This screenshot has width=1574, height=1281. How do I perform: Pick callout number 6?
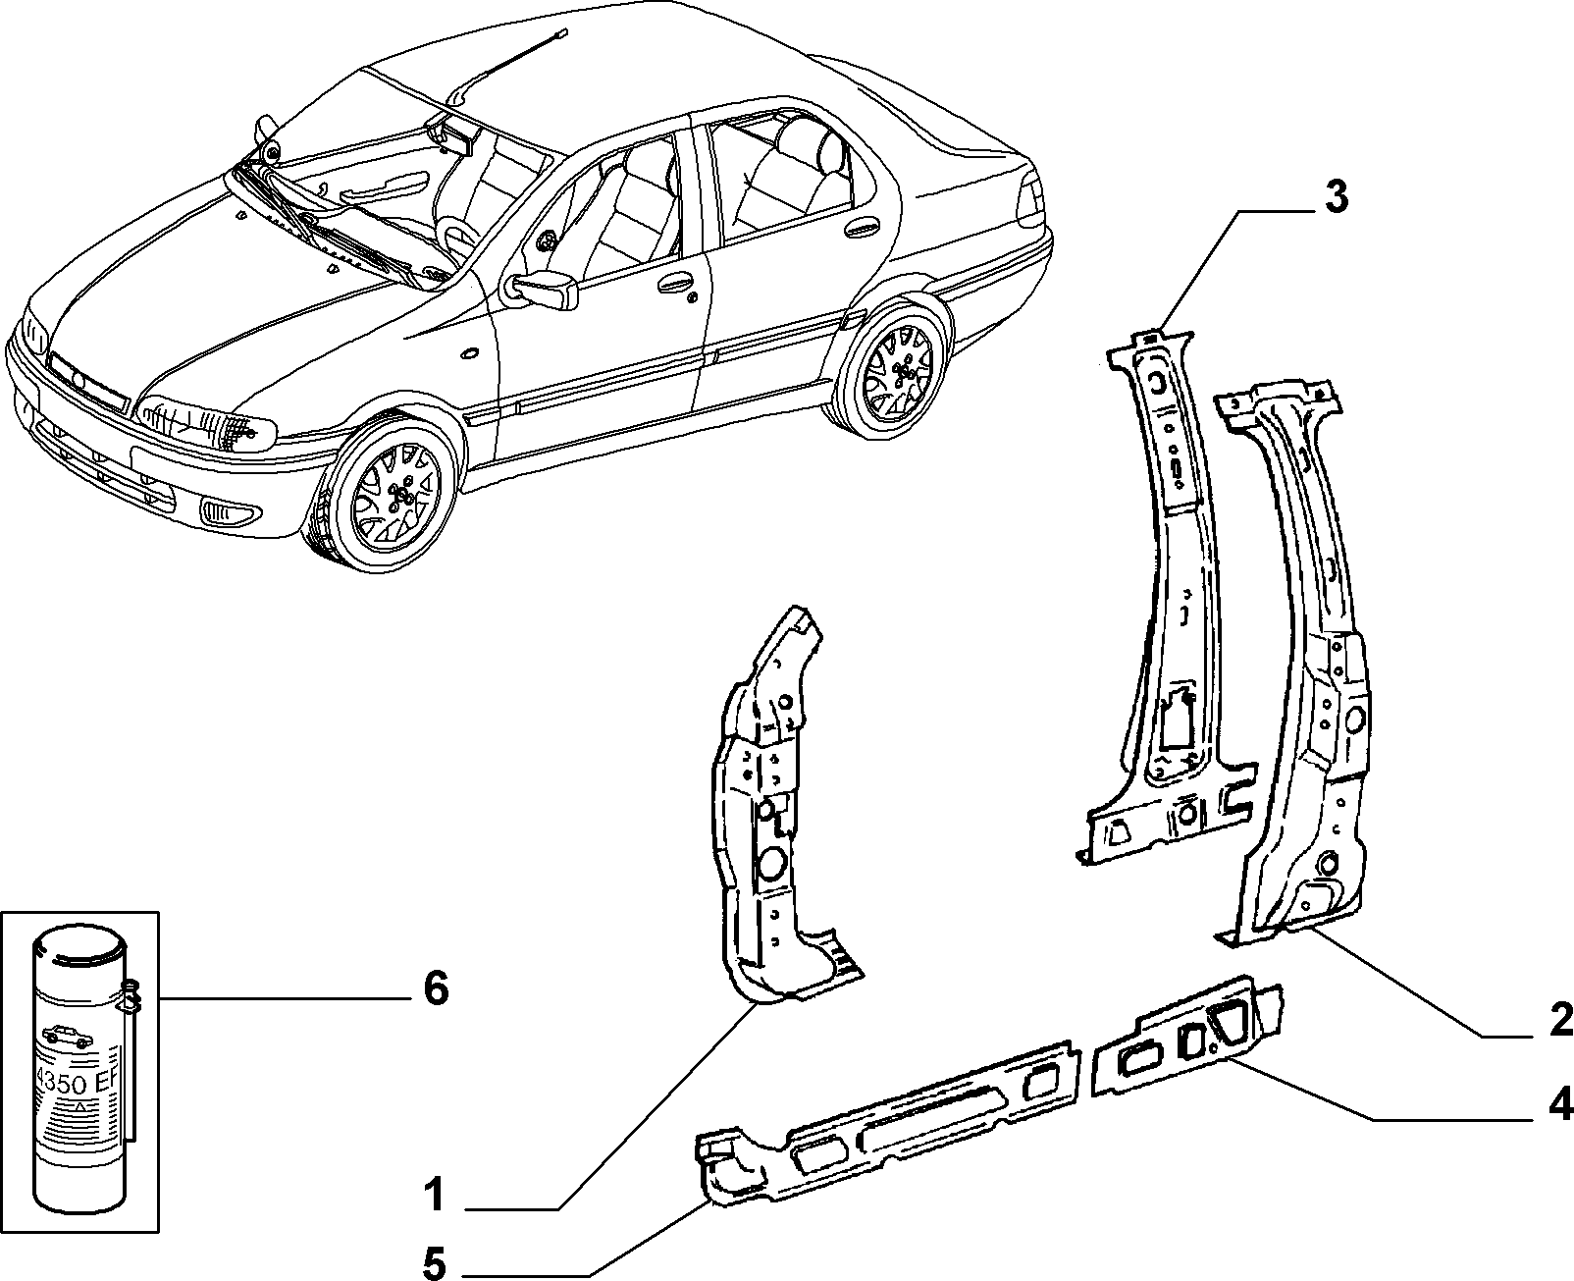tap(436, 989)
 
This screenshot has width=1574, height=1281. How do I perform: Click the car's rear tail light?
tap(1030, 199)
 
